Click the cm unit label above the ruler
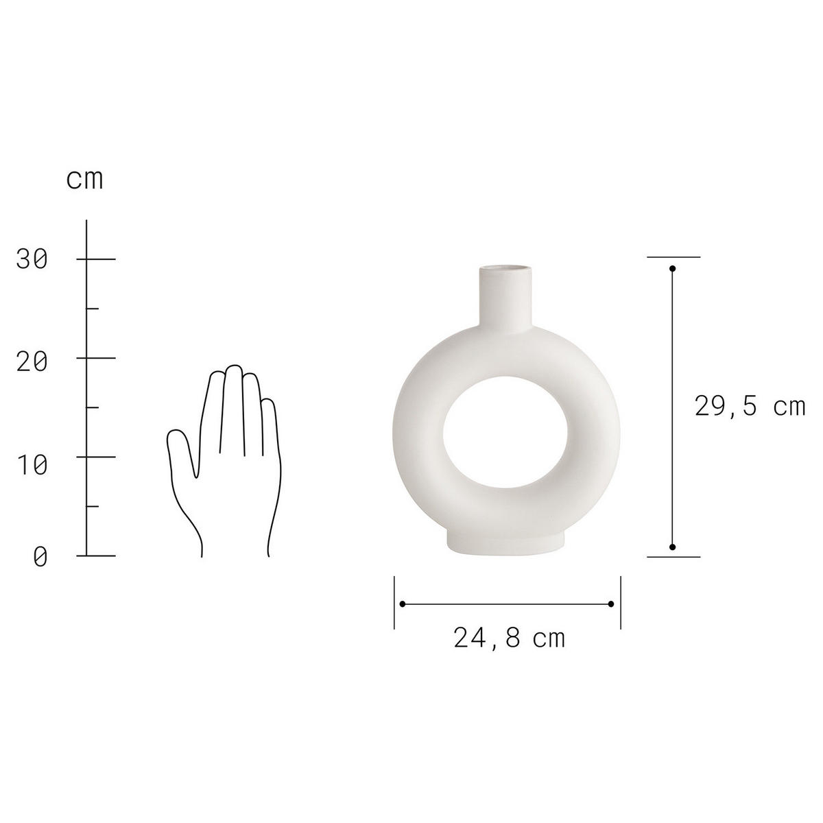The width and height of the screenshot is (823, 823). pos(84,180)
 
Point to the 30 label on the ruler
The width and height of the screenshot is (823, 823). pos(32,259)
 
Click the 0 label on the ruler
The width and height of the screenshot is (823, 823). pos(40,557)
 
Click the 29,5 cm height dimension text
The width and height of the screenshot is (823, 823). pos(749,407)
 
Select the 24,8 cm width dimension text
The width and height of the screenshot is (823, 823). pos(509,639)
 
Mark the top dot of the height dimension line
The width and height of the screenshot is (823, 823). pos(672,268)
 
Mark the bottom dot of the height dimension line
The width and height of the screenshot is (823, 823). pos(672,547)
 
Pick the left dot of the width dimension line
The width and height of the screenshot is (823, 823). pos(403,604)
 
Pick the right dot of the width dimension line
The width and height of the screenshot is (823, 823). pos(610,604)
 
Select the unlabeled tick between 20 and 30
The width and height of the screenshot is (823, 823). pos(92,309)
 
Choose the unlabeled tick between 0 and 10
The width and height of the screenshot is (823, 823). pos(92,506)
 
